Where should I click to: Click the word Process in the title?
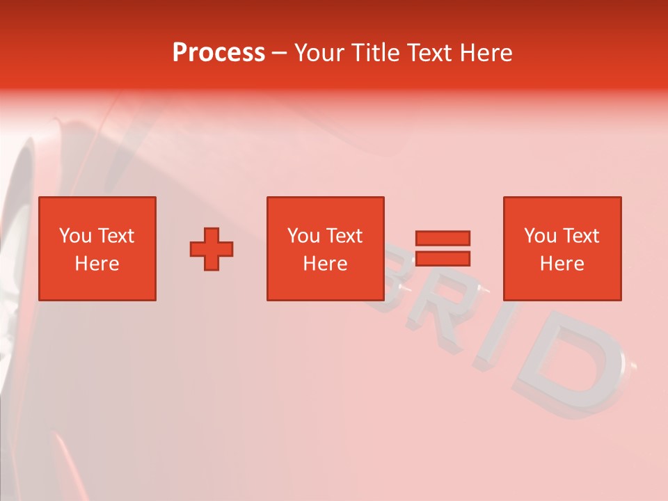(x=218, y=53)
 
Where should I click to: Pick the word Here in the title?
(x=486, y=53)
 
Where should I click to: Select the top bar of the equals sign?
(x=443, y=238)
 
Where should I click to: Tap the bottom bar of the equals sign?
(x=443, y=259)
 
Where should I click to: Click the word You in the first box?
(x=75, y=236)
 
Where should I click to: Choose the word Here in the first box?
(x=97, y=264)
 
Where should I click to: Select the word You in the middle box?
(x=303, y=236)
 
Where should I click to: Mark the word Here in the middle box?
(x=325, y=264)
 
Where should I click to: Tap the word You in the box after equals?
(x=540, y=236)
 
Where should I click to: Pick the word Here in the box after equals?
(x=562, y=264)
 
